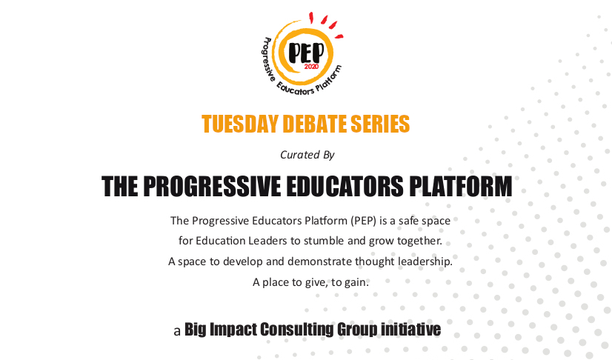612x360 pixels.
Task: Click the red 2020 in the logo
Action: (311, 67)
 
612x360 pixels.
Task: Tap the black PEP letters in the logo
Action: (307, 53)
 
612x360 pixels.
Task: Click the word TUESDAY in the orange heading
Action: (239, 124)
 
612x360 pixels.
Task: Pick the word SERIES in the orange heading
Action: (380, 124)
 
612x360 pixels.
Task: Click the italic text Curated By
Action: (307, 155)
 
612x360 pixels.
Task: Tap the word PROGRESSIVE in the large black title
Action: (212, 186)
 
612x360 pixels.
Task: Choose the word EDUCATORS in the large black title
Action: (345, 186)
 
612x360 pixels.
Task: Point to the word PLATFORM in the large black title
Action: (461, 186)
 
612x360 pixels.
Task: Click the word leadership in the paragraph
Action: (425, 261)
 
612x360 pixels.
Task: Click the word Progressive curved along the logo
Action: (267, 59)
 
